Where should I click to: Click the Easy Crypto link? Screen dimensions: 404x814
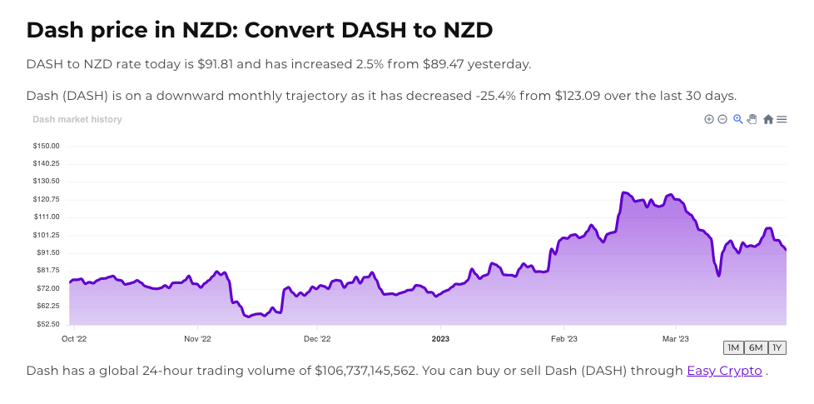(724, 371)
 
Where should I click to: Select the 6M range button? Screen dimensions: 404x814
(755, 348)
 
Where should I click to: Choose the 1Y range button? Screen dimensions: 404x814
(777, 348)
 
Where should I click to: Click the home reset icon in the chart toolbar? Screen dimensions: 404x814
(768, 119)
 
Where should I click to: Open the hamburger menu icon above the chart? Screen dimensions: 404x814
(782, 119)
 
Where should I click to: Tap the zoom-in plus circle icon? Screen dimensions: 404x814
(709, 119)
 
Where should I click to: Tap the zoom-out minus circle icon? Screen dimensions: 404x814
(722, 119)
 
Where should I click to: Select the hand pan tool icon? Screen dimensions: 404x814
(752, 119)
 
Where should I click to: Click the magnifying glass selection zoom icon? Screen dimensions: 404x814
(737, 119)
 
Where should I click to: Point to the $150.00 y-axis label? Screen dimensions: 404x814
(46, 146)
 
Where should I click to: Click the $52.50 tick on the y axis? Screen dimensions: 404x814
(46, 324)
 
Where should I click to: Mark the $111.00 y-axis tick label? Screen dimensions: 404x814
(46, 217)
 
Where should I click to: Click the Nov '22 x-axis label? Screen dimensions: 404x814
(196, 339)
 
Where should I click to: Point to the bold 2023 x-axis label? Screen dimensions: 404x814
(440, 339)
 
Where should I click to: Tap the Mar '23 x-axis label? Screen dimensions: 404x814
(675, 339)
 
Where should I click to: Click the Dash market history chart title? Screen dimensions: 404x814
(77, 119)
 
